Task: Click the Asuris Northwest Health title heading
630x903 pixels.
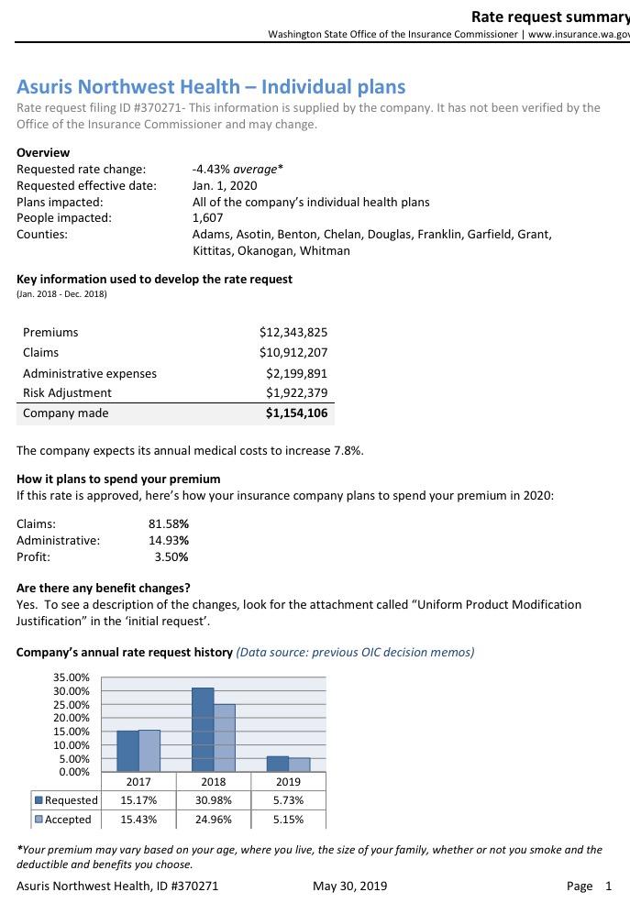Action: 211,87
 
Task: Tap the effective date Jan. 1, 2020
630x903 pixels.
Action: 225,185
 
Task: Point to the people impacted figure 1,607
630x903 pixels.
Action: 207,218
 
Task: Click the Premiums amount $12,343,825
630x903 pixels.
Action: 293,332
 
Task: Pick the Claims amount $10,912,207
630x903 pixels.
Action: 293,353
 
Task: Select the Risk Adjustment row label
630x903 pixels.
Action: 67,393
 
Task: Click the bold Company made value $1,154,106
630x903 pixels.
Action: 296,413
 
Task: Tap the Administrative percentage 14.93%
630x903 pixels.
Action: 169,540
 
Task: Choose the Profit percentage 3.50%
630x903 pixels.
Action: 171,556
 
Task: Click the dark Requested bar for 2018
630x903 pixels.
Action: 203,730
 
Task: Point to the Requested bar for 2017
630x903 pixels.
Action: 127,751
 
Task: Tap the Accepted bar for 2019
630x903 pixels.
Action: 300,765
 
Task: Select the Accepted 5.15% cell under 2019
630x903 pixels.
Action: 288,820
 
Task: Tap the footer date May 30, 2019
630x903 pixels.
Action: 349,886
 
